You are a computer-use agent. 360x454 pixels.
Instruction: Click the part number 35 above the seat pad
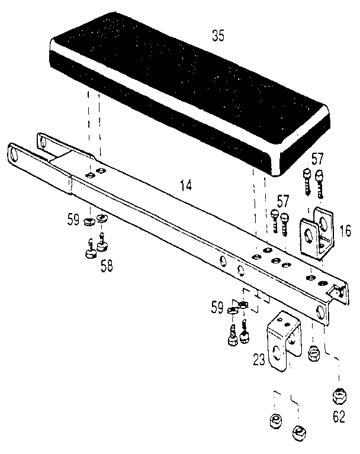218,36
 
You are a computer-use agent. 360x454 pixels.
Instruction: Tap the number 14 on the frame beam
186,185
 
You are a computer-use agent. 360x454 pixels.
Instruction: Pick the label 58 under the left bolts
106,266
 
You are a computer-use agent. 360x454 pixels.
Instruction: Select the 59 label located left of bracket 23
217,308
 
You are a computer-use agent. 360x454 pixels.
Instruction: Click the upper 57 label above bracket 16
318,159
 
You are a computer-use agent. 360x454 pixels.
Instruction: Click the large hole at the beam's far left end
14,154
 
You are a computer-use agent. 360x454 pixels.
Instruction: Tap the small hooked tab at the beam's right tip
338,291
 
